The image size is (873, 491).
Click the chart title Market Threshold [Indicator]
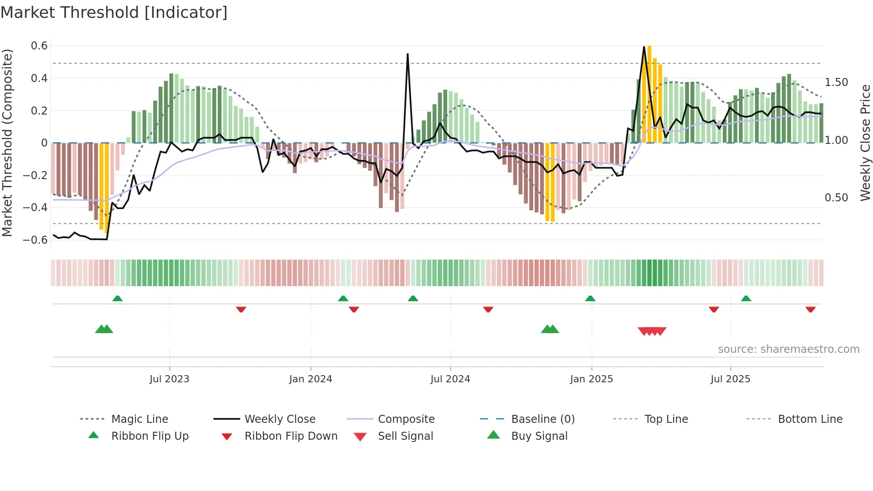[x=114, y=12]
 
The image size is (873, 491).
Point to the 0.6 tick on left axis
[x=39, y=46]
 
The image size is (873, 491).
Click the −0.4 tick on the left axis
[x=35, y=208]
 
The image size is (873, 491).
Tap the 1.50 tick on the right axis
[x=836, y=82]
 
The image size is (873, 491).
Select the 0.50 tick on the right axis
[x=836, y=198]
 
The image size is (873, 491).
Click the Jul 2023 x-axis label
[x=169, y=379]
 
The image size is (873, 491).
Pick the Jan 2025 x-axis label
[x=591, y=379]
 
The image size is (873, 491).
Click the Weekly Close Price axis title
[x=865, y=143]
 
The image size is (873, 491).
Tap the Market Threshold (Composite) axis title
[x=7, y=143]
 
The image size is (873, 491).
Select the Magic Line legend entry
[x=139, y=419]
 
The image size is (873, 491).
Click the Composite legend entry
[x=406, y=419]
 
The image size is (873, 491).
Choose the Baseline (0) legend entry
[x=543, y=419]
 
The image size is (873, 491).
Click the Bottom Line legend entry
[x=810, y=419]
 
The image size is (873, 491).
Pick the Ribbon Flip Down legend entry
[x=290, y=436]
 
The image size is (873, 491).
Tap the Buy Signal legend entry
[x=539, y=436]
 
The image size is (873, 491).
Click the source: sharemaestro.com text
[x=788, y=349]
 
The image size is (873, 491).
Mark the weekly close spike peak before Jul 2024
[x=408, y=54]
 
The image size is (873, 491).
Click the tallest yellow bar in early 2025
[x=649, y=94]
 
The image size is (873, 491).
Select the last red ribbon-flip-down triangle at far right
[x=810, y=309]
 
